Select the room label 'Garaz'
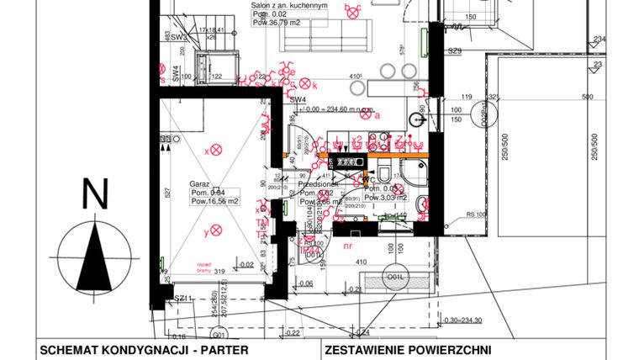[199, 183]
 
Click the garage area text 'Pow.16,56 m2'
[215, 202]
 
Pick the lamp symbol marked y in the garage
[215, 230]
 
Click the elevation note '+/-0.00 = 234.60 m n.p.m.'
[329, 109]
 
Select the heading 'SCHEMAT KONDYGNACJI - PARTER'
[145, 350]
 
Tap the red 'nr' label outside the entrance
[349, 246]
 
